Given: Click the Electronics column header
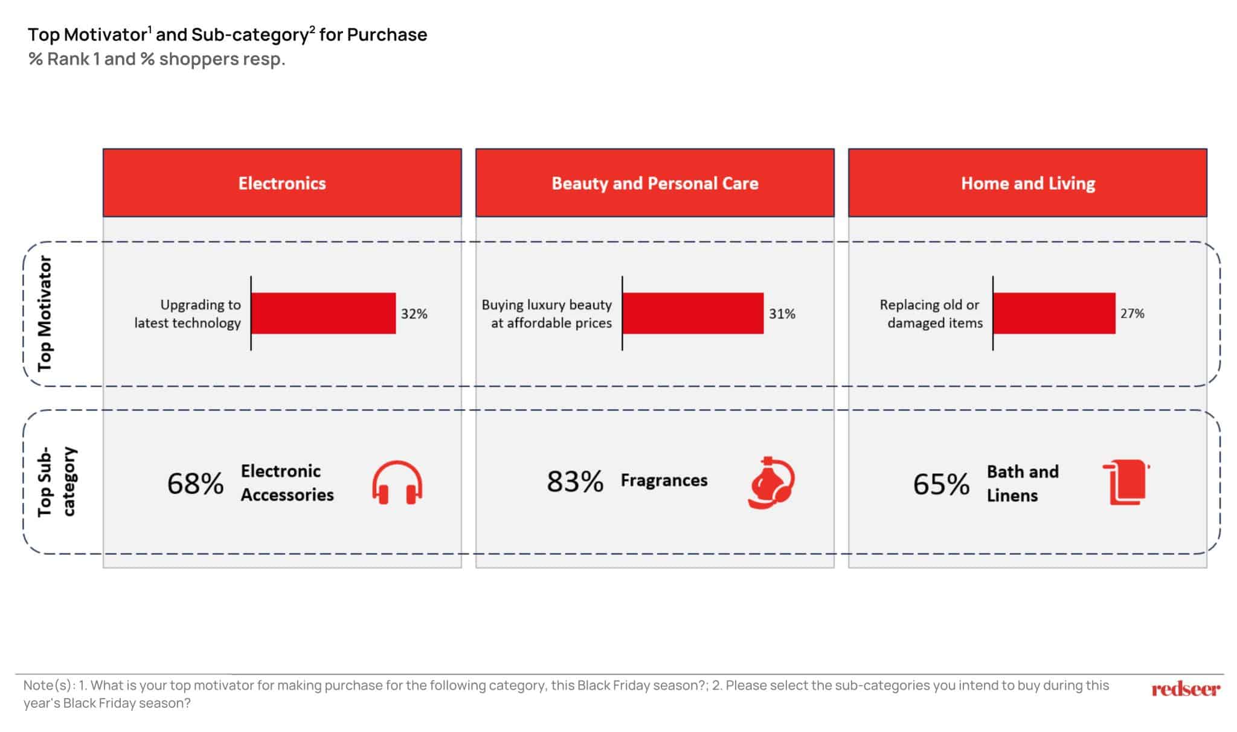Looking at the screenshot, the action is [x=282, y=183].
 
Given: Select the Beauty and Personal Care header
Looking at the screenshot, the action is [x=655, y=183].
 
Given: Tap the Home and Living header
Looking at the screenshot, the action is [x=1027, y=183].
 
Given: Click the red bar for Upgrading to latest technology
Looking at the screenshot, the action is [x=324, y=313].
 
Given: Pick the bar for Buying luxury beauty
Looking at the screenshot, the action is [x=693, y=313].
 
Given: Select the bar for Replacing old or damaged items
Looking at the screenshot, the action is [x=1055, y=313].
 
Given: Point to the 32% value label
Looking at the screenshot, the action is [x=414, y=314].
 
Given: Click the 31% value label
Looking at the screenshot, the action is [x=782, y=314].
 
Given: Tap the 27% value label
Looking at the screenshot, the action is [x=1133, y=313].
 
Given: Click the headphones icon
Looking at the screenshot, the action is [x=397, y=482].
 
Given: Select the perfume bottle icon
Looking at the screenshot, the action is [x=771, y=482].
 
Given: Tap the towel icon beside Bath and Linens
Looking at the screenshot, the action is [x=1126, y=482].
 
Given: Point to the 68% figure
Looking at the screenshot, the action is [x=195, y=484].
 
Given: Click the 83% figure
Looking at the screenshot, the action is [x=575, y=482].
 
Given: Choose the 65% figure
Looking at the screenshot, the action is [x=941, y=484].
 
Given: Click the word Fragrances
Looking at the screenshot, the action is [x=664, y=481].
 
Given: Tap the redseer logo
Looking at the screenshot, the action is [x=1186, y=689].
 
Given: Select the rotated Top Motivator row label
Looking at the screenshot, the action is [x=45, y=313].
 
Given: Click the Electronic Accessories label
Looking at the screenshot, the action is [x=288, y=482].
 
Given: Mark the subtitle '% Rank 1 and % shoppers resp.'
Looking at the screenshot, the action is [x=157, y=59].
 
